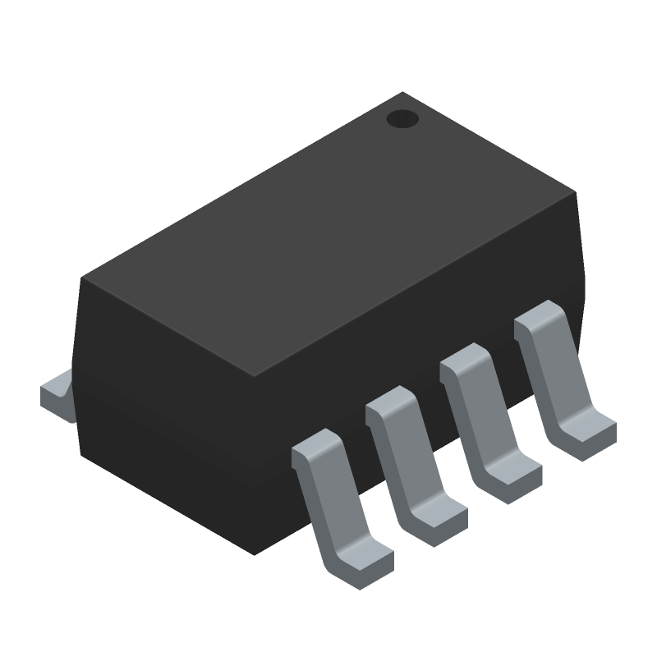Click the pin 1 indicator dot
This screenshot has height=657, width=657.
[402, 120]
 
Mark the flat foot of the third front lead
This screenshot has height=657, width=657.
[511, 480]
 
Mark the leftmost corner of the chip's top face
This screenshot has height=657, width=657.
[81, 278]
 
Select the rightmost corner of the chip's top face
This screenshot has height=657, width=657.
[575, 192]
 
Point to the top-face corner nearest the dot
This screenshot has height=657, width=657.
[402, 93]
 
